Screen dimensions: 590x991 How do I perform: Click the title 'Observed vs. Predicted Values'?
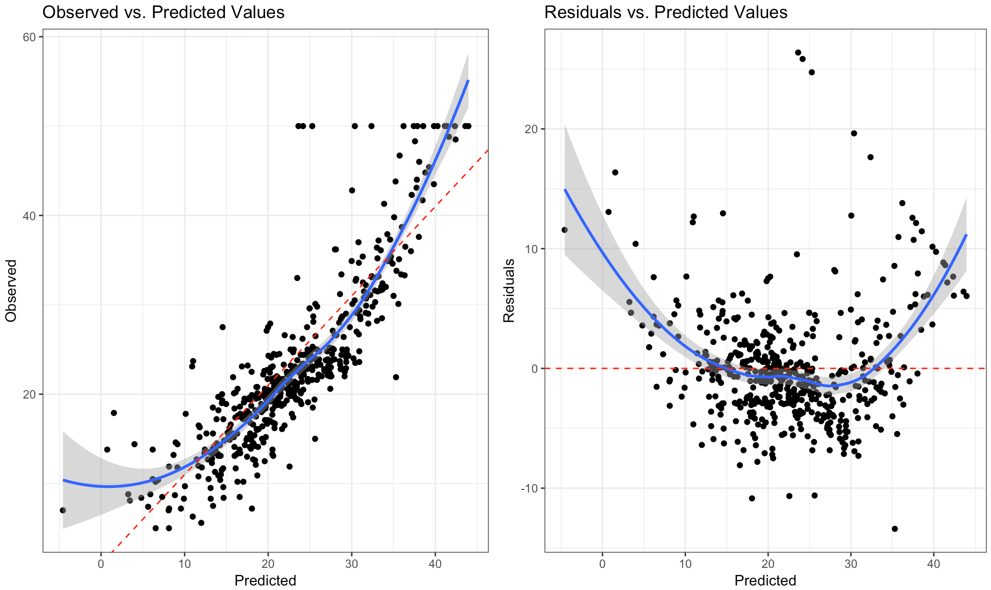pos(163,12)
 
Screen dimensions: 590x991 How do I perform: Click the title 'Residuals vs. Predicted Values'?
pos(666,12)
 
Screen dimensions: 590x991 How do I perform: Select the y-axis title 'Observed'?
pos(11,290)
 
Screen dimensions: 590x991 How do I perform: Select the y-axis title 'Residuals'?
pos(509,290)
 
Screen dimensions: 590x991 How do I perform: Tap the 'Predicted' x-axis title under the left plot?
pos(265,580)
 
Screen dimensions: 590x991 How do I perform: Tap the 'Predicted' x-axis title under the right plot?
pos(765,580)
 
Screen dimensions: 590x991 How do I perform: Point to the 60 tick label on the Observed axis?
pos(30,37)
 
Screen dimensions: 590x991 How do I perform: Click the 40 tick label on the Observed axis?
pos(30,216)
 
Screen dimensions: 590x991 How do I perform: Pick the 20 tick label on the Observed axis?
pos(30,395)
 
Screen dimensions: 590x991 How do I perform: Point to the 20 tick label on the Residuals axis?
pos(531,129)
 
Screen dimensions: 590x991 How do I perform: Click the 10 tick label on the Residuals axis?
pos(531,249)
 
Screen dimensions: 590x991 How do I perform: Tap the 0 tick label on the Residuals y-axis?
pos(534,369)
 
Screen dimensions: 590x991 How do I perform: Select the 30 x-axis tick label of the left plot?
pos(351,564)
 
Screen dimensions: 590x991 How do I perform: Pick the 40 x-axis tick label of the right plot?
pos(933,564)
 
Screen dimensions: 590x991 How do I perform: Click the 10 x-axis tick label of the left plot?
pos(184,564)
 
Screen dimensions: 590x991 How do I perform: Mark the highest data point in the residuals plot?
pos(798,52)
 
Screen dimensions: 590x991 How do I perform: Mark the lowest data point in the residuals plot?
pos(895,529)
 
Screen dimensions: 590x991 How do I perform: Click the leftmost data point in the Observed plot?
pos(63,510)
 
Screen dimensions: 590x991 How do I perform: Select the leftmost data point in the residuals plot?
pos(564,230)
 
